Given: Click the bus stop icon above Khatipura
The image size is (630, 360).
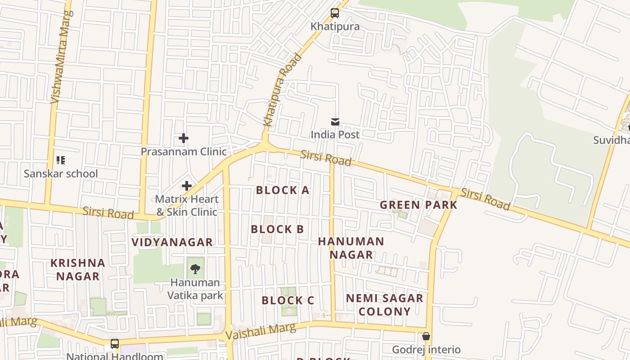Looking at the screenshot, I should tap(335, 13).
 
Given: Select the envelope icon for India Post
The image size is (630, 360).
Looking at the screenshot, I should tap(335, 121).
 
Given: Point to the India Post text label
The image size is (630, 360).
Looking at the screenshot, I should tap(335, 135).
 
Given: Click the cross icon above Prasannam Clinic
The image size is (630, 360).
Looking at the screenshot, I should tap(184, 138).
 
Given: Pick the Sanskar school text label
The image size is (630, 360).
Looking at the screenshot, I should tap(61, 174).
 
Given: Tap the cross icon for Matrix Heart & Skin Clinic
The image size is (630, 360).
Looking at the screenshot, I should tap(187, 186).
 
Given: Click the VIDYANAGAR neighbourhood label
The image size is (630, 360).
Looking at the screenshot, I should tap(172, 242).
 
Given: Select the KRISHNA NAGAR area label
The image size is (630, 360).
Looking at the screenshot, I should tap(78, 270).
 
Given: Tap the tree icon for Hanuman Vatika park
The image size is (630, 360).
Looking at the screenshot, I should tap(195, 269).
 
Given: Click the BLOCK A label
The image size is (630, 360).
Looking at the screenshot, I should tap(283, 190).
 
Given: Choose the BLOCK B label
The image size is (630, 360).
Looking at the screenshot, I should tap(277, 229).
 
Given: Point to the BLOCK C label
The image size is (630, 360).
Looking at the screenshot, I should tap(288, 300).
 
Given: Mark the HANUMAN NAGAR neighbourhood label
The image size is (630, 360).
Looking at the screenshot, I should tap(351, 248).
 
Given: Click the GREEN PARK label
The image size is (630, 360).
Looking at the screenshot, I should tap(418, 205).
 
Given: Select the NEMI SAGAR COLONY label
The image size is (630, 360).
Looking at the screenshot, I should tap(385, 305).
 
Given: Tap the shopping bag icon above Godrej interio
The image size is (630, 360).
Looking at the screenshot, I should tap(426, 336).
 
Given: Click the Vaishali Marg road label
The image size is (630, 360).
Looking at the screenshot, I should tap(261, 332).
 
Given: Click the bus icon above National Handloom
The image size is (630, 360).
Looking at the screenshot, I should tap(115, 344).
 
